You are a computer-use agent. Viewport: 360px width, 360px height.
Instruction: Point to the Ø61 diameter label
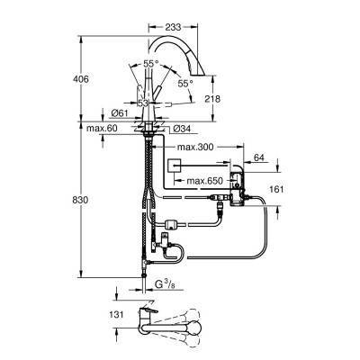114,113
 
